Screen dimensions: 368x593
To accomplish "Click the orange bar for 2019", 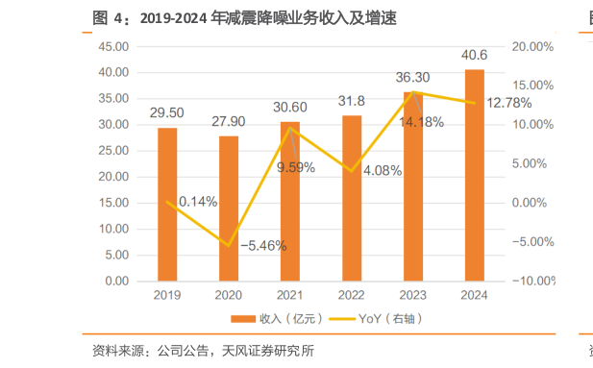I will pos(167,205).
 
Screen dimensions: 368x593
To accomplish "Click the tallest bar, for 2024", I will pos(474,175).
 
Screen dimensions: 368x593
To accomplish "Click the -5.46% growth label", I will pos(262,245).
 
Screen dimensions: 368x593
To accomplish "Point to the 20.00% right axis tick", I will pos(532,46).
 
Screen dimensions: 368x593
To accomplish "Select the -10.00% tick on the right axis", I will pos(530,282).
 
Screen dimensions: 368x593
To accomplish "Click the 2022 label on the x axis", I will pos(352,296).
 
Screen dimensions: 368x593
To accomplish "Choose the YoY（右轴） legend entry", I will pos(383,318).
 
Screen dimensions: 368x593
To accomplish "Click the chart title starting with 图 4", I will pos(244,18).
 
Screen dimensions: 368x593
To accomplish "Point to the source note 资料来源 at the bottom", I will pos(203,351).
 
